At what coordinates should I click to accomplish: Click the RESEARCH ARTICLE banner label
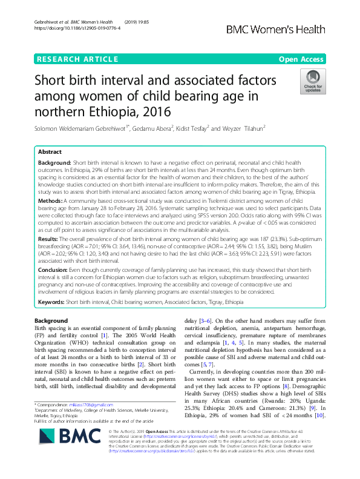tap(77, 59)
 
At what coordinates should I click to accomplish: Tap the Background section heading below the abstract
tap(51, 320)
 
